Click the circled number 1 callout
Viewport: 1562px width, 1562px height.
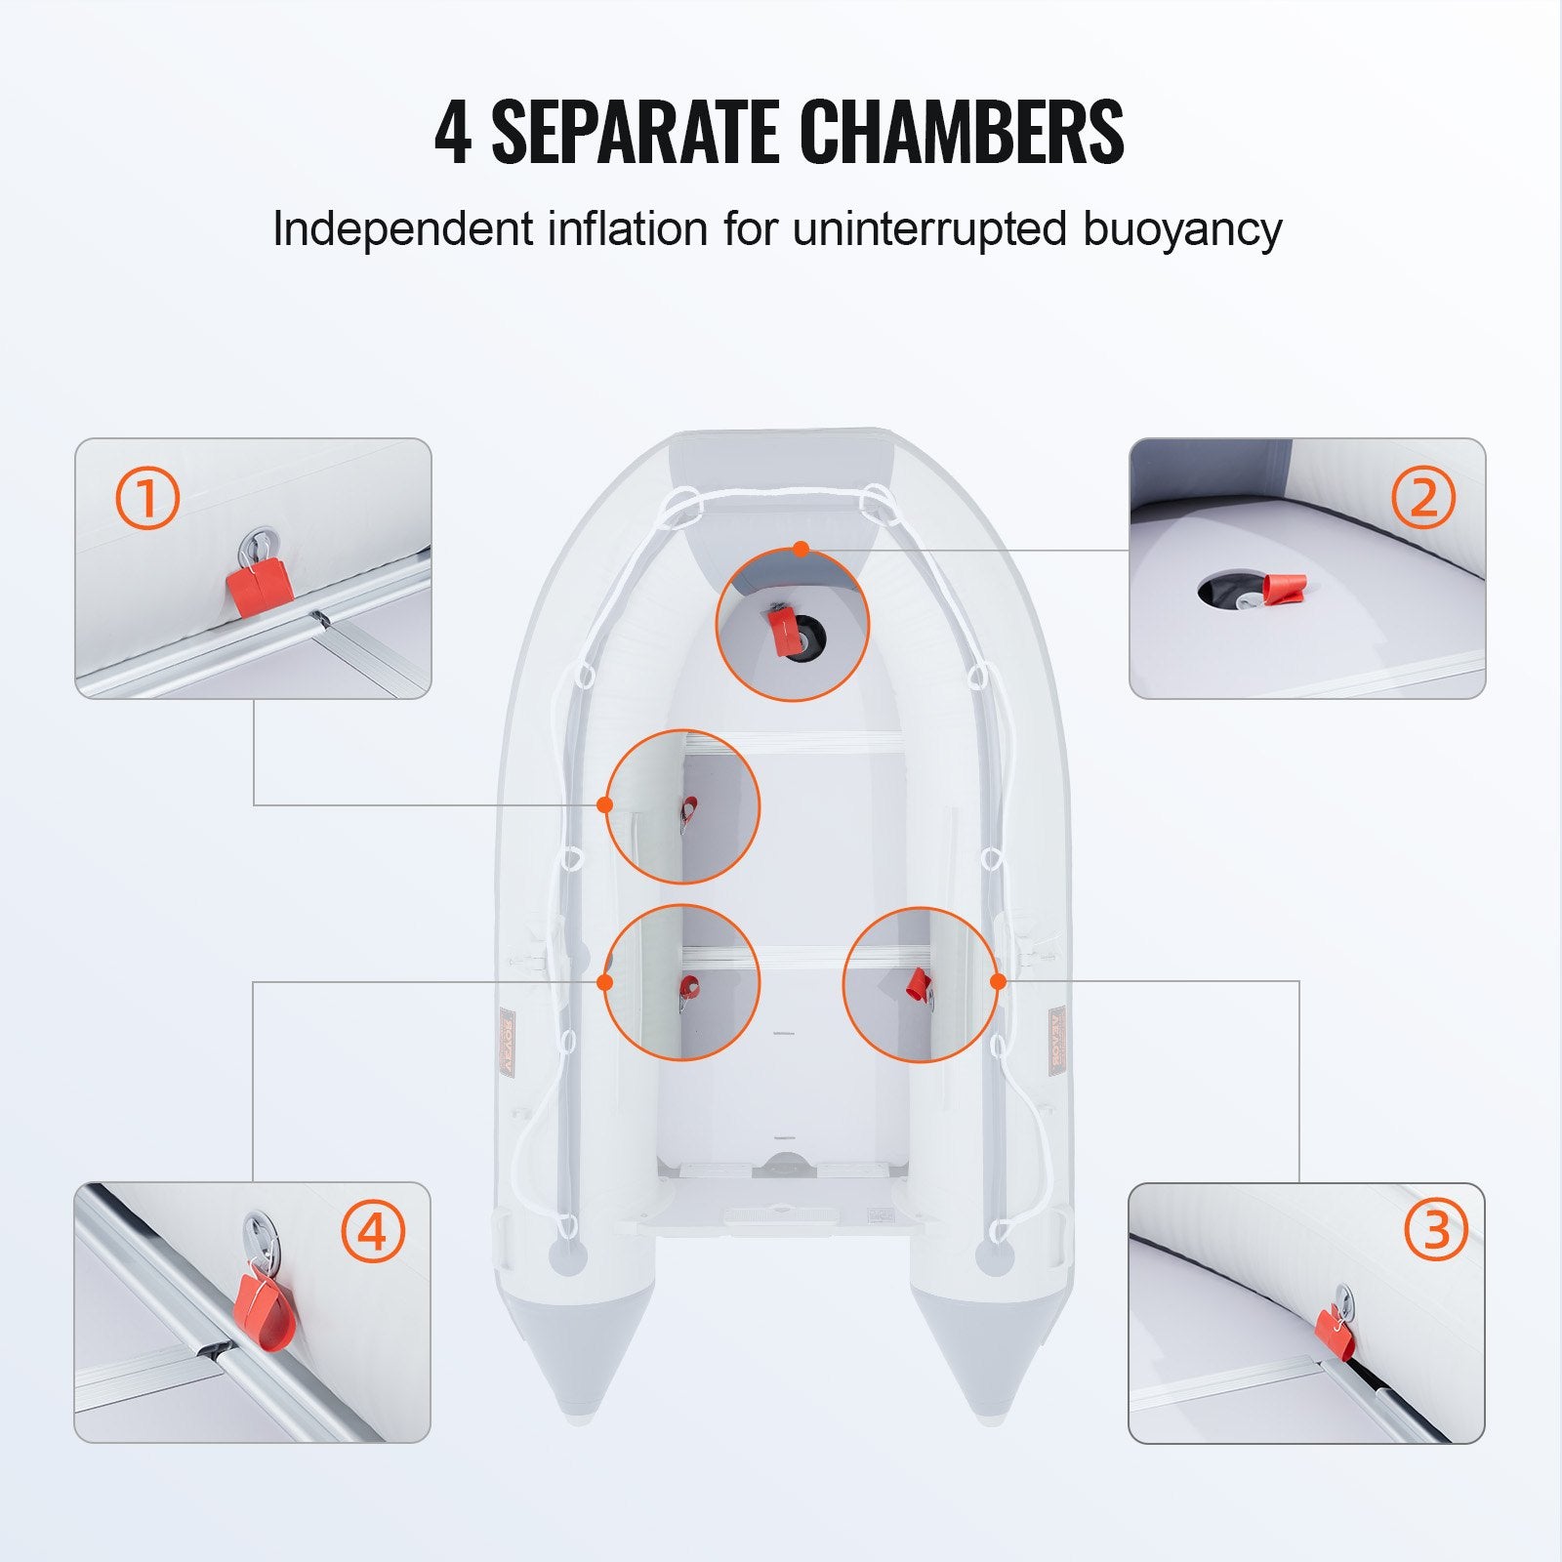148,498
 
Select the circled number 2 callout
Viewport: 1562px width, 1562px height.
1423,498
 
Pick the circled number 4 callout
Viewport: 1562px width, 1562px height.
372,1233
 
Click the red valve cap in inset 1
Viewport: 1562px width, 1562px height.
261,590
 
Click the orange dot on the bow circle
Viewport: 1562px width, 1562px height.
802,550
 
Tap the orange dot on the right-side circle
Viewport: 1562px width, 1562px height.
998,981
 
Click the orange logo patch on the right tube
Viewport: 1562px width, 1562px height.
1058,1042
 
